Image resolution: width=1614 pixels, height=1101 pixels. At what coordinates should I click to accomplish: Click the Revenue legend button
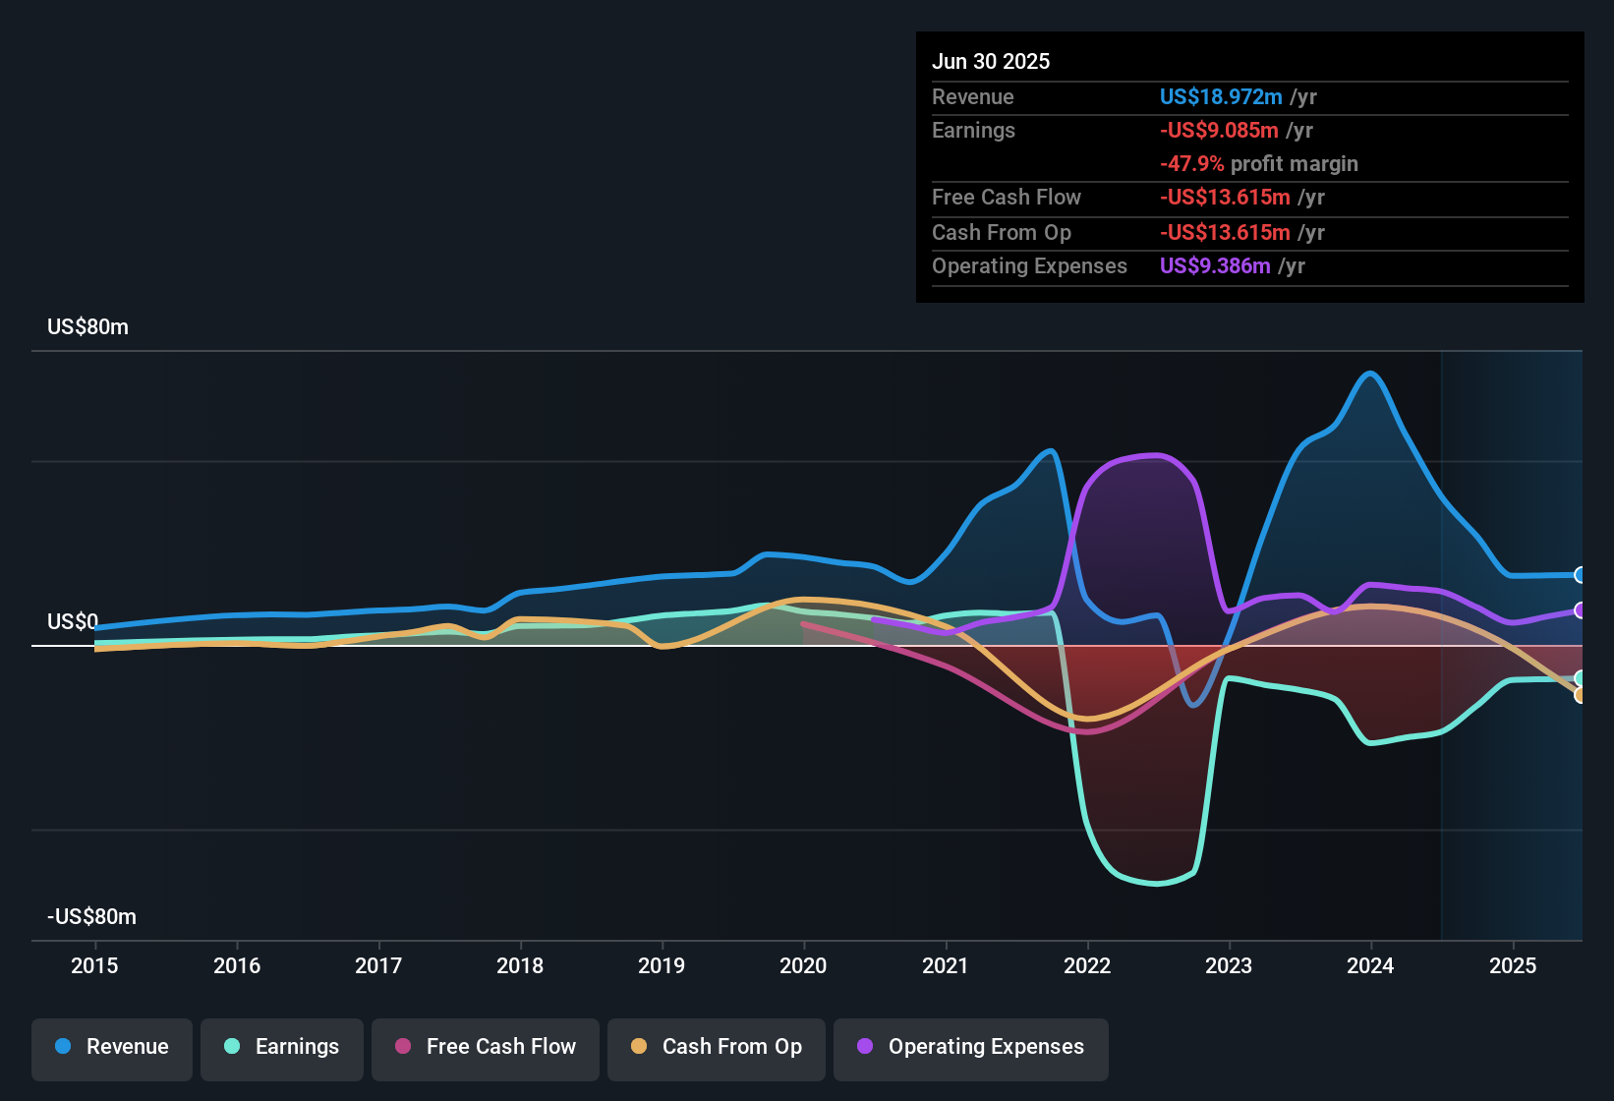pos(112,1047)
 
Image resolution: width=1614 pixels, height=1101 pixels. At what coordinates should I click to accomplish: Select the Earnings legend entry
pos(282,1047)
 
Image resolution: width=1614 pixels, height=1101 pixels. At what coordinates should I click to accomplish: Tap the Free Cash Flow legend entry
pos(486,1047)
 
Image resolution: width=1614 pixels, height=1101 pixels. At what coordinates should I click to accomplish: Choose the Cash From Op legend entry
pos(717,1047)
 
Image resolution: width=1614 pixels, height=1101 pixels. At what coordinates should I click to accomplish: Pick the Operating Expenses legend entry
pos(971,1047)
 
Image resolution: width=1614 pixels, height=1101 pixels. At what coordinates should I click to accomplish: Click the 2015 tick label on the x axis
pos(94,965)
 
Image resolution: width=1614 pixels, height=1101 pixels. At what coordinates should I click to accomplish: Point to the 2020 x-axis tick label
pos(803,965)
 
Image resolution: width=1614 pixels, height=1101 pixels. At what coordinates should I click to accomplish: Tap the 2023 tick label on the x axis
pos(1229,965)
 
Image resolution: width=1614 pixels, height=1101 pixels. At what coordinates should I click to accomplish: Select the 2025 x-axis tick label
pos(1513,965)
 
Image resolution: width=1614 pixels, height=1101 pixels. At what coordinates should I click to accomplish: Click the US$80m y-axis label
pos(87,327)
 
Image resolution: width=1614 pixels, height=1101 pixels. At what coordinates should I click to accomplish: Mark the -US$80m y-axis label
pos(91,917)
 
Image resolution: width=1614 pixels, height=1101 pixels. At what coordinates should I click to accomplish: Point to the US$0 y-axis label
pos(73,622)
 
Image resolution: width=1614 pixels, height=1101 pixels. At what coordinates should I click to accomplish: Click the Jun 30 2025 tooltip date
pos(991,62)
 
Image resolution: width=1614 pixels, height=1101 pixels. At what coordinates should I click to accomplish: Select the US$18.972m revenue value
pos(1221,97)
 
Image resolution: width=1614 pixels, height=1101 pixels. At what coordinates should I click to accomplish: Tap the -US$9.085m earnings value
pos(1219,131)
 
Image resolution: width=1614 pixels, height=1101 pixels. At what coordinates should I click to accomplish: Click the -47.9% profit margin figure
pos(1191,164)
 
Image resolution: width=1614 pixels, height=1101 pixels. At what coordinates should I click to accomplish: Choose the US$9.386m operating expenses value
pos(1215,266)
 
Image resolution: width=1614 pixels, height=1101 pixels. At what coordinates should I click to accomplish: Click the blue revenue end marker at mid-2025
pos(1580,575)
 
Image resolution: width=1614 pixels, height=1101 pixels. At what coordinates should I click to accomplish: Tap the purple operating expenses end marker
pos(1580,610)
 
